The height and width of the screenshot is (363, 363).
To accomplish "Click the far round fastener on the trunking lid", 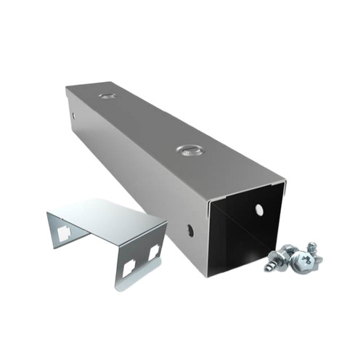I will tap(107, 95).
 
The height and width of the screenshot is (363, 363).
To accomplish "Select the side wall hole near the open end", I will tap(190, 230).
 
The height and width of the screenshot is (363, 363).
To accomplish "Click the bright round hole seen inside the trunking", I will tap(259, 210).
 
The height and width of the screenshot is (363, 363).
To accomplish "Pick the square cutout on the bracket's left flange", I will tap(64, 232).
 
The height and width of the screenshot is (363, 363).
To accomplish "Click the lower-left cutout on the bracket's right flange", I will tap(129, 268).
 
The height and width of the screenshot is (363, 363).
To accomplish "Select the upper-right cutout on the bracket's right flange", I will tap(154, 252).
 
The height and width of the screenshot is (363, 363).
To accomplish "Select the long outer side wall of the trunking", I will tap(138, 181).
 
